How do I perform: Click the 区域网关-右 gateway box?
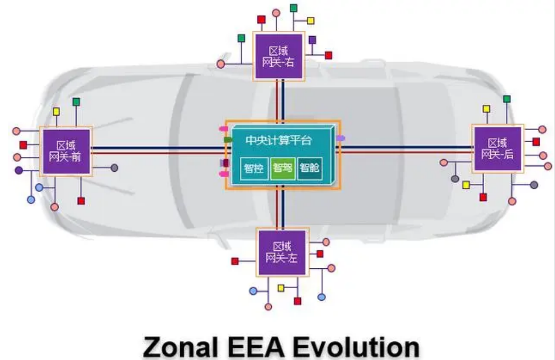point(278,56)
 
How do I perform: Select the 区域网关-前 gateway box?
point(66,152)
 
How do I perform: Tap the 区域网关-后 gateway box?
point(497,149)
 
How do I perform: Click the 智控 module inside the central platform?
point(254,169)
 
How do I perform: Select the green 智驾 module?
point(283,169)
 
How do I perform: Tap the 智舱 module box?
point(310,169)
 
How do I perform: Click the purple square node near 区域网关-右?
point(312,40)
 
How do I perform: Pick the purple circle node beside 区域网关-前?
point(19,171)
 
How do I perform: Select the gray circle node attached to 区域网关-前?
point(114,168)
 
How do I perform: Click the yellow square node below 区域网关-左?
point(281,288)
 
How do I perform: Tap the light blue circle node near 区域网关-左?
point(253,291)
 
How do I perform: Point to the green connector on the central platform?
point(228,140)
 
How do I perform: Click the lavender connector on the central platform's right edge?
point(340,138)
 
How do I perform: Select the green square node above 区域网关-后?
point(507,99)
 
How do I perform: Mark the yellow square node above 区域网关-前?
point(56,111)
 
